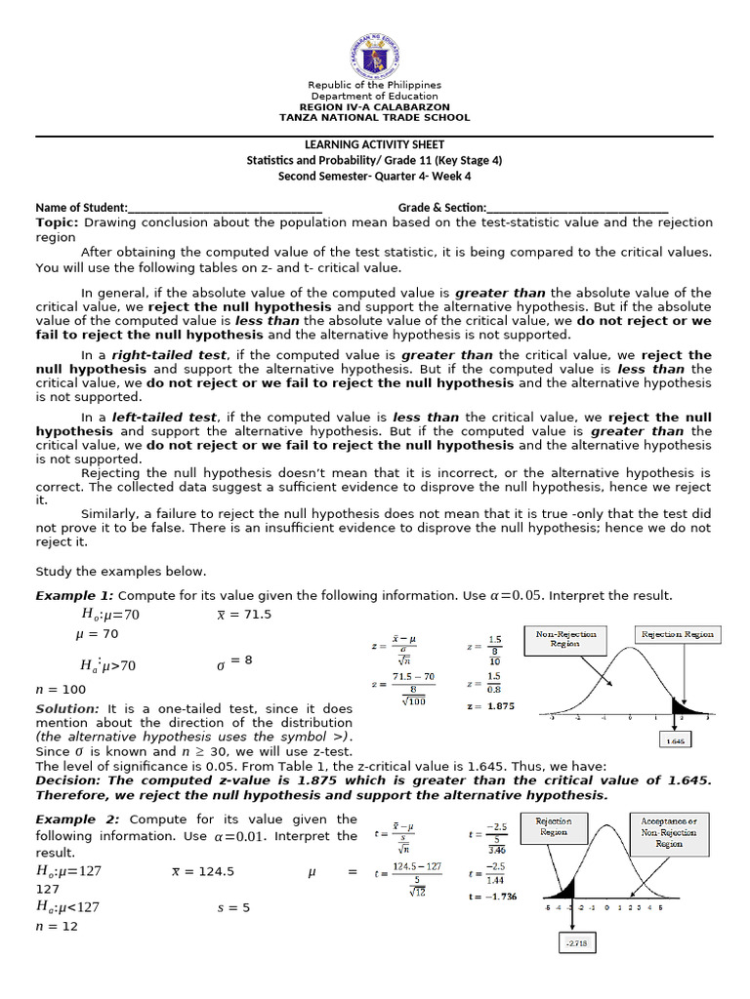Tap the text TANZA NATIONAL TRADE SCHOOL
[x=375, y=117]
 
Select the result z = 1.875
[x=490, y=705]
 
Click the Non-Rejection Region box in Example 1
[x=565, y=638]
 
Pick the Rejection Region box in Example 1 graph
[x=677, y=634]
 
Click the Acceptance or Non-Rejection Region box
[x=669, y=831]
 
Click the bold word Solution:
[x=67, y=708]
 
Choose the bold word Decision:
[x=68, y=779]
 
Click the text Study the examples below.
[x=121, y=572]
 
